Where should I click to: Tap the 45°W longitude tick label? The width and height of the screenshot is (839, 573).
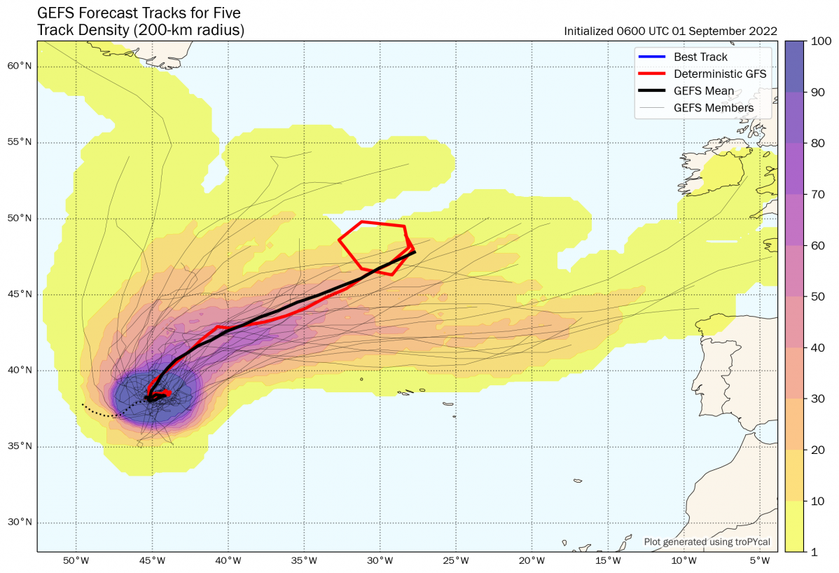[152, 562]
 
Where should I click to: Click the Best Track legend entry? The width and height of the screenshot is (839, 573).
[700, 57]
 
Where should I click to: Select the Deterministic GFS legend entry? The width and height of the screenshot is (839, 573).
[720, 74]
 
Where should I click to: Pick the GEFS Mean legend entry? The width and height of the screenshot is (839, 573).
[704, 90]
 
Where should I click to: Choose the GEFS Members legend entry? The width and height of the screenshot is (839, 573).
[714, 108]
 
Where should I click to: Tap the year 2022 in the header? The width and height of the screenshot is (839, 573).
[764, 31]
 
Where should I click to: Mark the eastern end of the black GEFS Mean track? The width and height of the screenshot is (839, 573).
[415, 251]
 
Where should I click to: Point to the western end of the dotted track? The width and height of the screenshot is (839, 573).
[83, 404]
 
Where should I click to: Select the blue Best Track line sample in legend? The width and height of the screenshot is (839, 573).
[652, 57]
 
